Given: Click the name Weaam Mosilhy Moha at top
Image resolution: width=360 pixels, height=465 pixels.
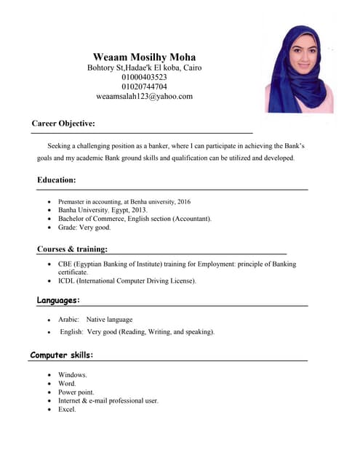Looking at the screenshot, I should pyautogui.click(x=144, y=57).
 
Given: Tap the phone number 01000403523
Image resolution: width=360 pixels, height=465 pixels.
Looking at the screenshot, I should pyautogui.click(x=144, y=77).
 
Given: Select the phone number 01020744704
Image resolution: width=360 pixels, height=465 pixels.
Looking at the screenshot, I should pyautogui.click(x=144, y=86).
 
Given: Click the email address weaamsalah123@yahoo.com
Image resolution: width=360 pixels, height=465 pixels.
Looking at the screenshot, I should pyautogui.click(x=144, y=96).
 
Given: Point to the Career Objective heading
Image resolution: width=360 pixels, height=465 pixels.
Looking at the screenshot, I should pyautogui.click(x=63, y=124).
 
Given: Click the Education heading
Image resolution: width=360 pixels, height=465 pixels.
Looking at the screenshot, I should pyautogui.click(x=57, y=179).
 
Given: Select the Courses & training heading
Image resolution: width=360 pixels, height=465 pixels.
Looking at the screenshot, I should pyautogui.click(x=72, y=249).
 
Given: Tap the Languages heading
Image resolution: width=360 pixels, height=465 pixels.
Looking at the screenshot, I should pyautogui.click(x=58, y=300).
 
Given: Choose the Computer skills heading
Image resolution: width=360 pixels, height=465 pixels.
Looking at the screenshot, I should pyautogui.click(x=62, y=355).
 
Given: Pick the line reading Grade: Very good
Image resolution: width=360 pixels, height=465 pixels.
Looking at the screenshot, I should pyautogui.click(x=84, y=227).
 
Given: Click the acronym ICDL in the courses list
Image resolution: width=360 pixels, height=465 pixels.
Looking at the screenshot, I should pyautogui.click(x=66, y=280).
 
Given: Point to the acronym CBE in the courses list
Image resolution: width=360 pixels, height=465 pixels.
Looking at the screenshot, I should pyautogui.click(x=65, y=264).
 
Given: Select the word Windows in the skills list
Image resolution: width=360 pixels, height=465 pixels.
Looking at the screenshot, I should pyautogui.click(x=72, y=374).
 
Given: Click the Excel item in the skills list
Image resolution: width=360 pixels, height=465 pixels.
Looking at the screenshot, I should pyautogui.click(x=67, y=409).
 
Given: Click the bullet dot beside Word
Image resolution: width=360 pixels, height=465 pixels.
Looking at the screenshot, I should pyautogui.click(x=49, y=384).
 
